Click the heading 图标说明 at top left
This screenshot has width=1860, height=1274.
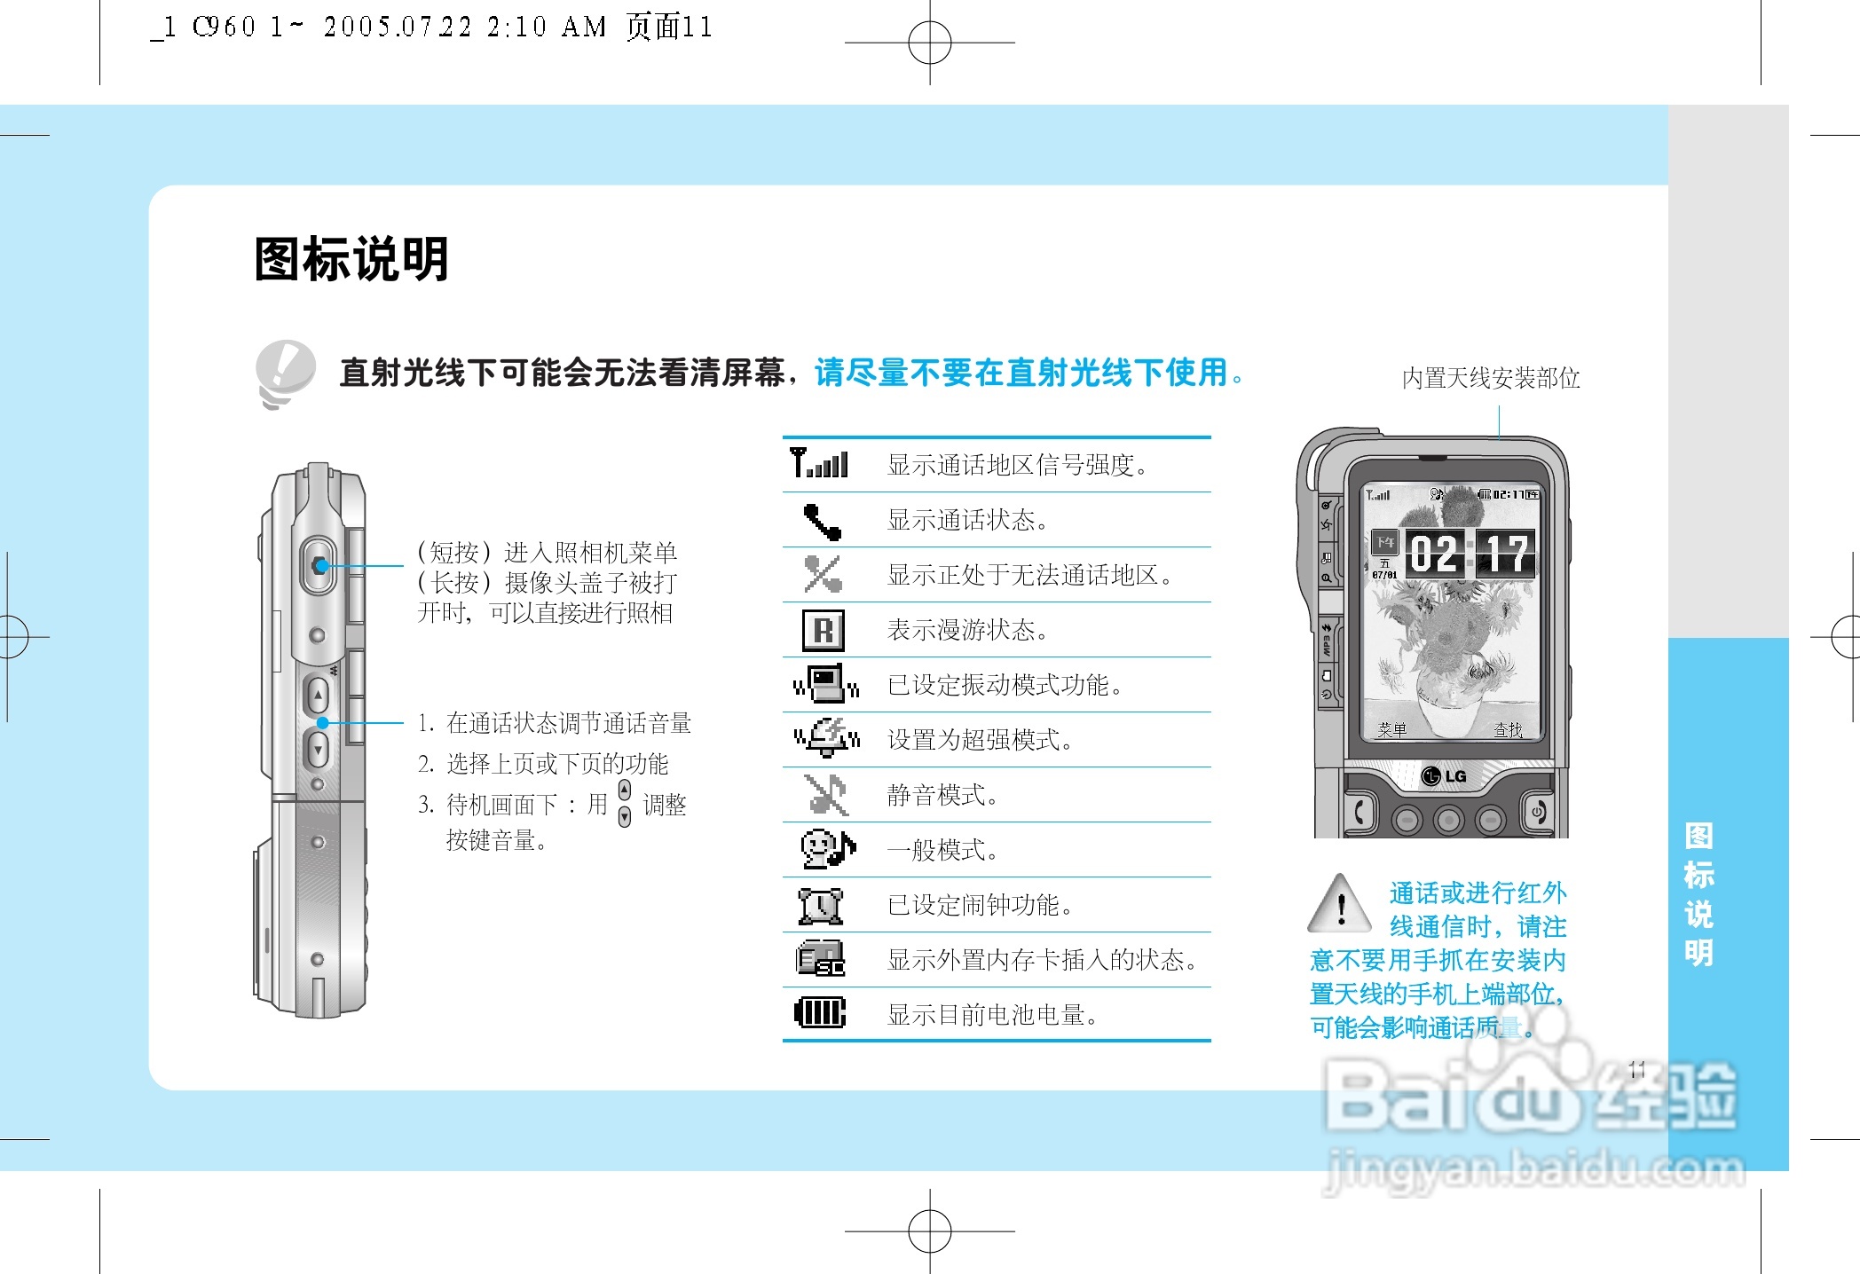pyautogui.click(x=351, y=259)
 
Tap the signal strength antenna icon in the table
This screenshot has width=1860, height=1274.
pyautogui.click(x=819, y=462)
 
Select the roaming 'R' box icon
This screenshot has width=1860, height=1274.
pyautogui.click(x=823, y=630)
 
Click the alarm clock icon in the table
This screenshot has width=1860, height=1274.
pyautogui.click(x=820, y=905)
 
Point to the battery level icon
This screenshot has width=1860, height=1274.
pyautogui.click(x=820, y=1012)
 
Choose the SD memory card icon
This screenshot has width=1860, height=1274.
pyautogui.click(x=820, y=959)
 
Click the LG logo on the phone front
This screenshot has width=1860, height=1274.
pyautogui.click(x=1444, y=776)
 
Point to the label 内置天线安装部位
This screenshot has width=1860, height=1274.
pyautogui.click(x=1491, y=379)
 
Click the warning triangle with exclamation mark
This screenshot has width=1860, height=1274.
pyautogui.click(x=1341, y=906)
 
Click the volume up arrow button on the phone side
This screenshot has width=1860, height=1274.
pyautogui.click(x=318, y=696)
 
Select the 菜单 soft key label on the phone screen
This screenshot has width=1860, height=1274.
pyautogui.click(x=1391, y=730)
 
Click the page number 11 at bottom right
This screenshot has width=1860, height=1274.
pyautogui.click(x=1637, y=1069)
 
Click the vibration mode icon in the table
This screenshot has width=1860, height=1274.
pyautogui.click(x=825, y=684)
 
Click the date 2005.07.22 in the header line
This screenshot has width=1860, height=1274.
pyautogui.click(x=397, y=28)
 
